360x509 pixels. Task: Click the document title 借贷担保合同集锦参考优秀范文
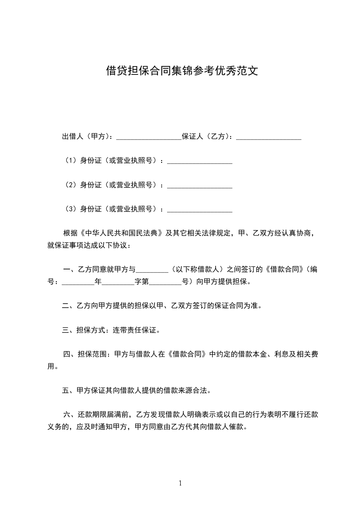tap(182, 71)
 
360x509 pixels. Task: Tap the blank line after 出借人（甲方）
tap(149, 137)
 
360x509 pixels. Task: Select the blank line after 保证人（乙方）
tap(269, 137)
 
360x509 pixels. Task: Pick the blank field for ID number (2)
tap(200, 185)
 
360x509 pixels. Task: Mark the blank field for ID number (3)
tap(200, 209)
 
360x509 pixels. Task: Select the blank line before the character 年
tap(78, 281)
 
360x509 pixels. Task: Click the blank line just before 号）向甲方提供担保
tap(165, 281)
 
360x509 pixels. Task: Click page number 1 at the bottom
tap(180, 483)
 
